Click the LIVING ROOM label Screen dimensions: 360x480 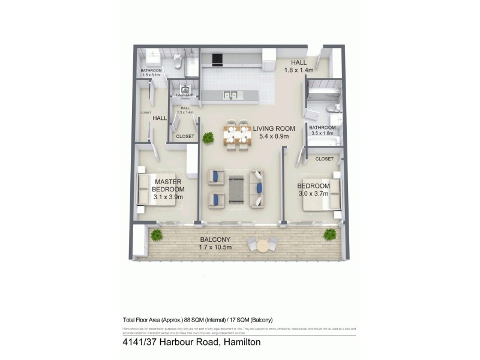click(x=274, y=128)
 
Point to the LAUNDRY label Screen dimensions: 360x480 click(x=184, y=95)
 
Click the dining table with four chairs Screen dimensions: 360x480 click(x=236, y=135)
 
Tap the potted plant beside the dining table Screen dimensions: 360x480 click(x=208, y=138)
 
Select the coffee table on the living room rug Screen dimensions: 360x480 click(x=236, y=188)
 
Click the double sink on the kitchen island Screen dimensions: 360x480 click(x=230, y=94)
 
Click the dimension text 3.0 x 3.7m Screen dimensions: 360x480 click(x=314, y=194)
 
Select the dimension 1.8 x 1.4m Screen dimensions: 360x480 click(x=299, y=70)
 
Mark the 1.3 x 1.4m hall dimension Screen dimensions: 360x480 click(x=185, y=112)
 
